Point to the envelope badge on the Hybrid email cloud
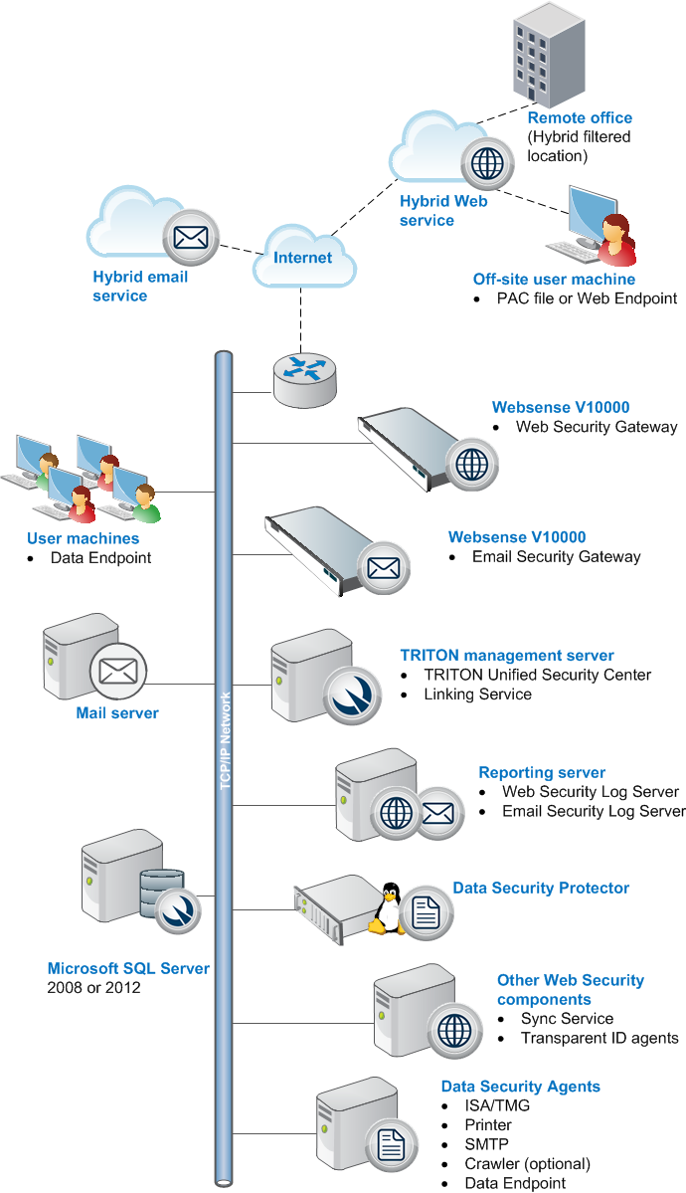(x=191, y=238)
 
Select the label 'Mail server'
(x=117, y=712)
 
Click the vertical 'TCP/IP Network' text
(x=225, y=740)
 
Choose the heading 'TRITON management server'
(x=507, y=655)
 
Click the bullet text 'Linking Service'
(x=477, y=694)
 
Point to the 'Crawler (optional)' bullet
(x=528, y=1163)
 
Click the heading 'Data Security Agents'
(x=521, y=1087)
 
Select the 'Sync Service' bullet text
(x=568, y=1019)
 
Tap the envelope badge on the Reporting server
(x=438, y=813)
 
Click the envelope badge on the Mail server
(x=118, y=671)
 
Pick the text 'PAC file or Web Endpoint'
(x=588, y=298)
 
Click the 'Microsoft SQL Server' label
(x=128, y=968)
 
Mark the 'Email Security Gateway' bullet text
(x=556, y=557)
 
